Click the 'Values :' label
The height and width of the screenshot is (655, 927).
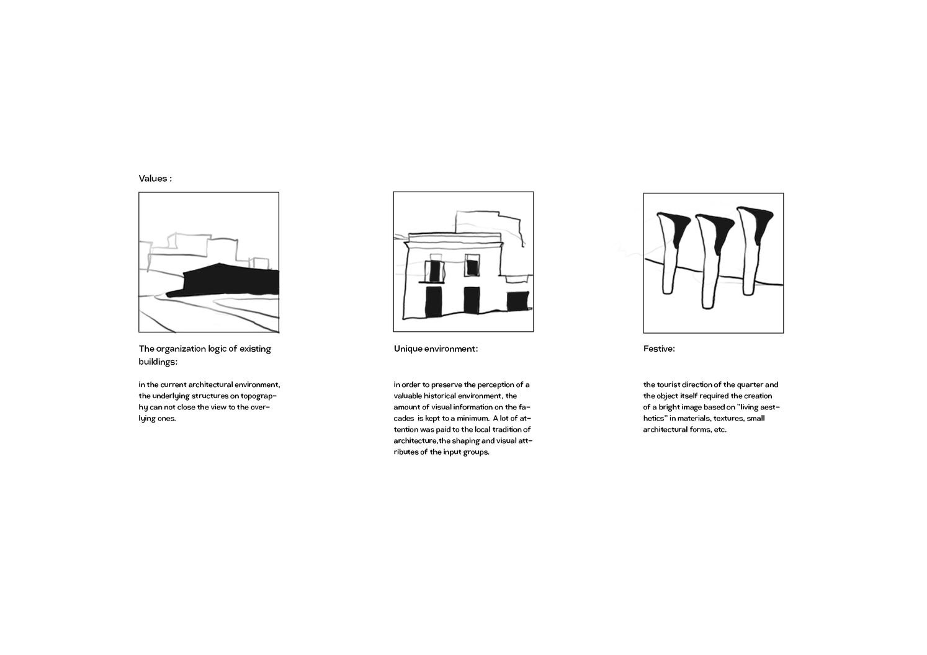point(155,179)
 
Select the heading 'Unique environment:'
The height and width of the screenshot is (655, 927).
point(436,349)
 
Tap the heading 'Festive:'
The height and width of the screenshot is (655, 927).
point(659,349)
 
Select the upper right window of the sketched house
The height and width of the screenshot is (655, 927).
point(472,267)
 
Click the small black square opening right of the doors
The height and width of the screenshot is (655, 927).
point(517,301)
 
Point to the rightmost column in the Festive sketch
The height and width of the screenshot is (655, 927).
point(749,251)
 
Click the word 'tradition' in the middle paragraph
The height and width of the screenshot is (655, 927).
point(499,430)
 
